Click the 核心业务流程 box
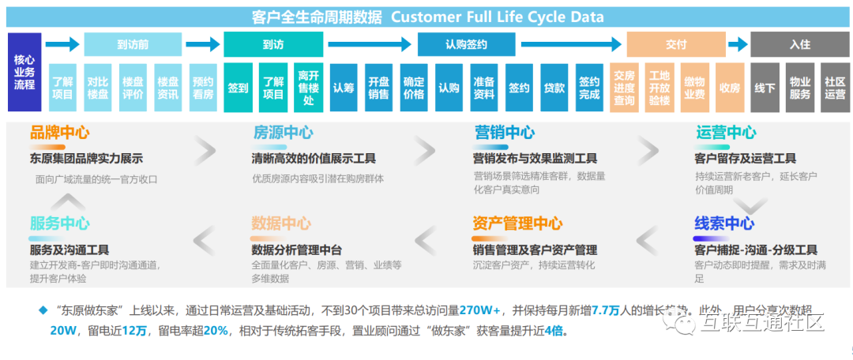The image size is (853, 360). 24,72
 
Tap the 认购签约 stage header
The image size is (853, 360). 466,44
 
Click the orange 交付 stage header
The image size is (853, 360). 675,44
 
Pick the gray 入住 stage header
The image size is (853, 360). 799,44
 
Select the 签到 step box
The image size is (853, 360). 238,88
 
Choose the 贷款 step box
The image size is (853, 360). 554,88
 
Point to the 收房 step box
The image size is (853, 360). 730,88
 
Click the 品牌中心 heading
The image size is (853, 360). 59,133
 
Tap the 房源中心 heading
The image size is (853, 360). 282,133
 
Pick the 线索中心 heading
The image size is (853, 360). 724,223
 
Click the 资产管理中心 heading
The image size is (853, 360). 517,223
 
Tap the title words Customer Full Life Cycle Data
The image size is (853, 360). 498,17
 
